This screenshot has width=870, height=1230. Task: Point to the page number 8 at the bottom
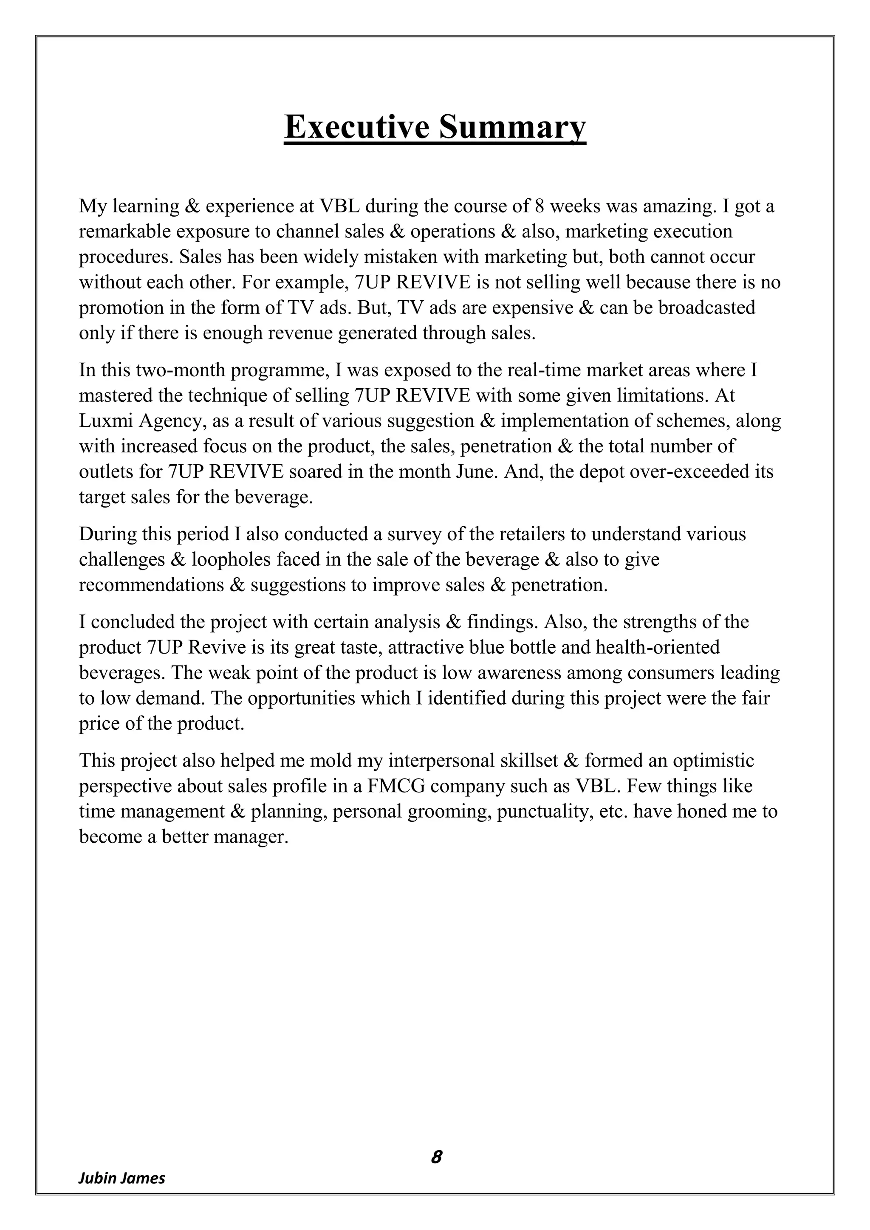tap(436, 1157)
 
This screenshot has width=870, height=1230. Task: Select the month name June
tap(480, 472)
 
